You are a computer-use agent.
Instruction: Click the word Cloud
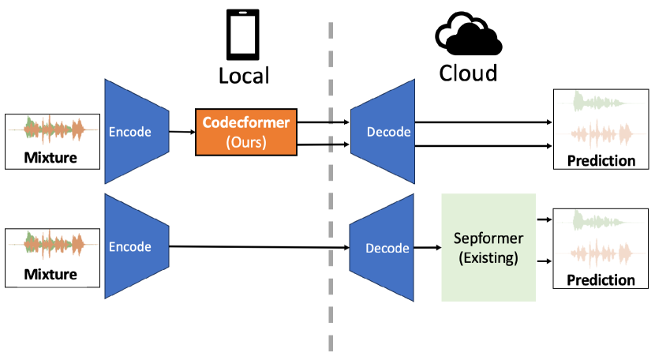click(x=468, y=73)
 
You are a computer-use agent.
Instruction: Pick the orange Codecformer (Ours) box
click(x=246, y=132)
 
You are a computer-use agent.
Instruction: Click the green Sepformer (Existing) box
click(x=488, y=247)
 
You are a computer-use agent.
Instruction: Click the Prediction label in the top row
click(x=601, y=161)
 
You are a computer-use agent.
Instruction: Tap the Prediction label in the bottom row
click(x=601, y=279)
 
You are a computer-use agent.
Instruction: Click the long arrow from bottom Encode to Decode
click(x=260, y=247)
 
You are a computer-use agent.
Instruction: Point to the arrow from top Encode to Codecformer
click(x=182, y=132)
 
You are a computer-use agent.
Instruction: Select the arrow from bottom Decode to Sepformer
click(x=427, y=248)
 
